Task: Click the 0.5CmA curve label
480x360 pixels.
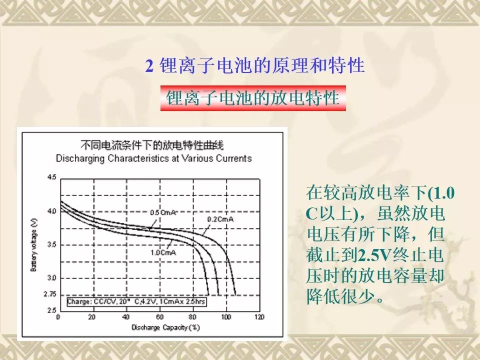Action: [163, 212]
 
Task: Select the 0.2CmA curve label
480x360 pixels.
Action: [220, 219]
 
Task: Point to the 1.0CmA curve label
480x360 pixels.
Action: [163, 252]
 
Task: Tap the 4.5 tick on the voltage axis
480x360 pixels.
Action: [51, 177]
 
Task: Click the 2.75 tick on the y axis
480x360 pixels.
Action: [50, 294]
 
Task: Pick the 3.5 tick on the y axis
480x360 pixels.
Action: [51, 244]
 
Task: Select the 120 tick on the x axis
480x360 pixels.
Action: [259, 317]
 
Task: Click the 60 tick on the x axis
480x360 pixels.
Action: [159, 317]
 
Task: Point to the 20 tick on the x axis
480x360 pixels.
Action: [92, 317]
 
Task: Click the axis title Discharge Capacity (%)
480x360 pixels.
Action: [165, 327]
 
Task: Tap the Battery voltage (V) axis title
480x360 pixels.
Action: [33, 245]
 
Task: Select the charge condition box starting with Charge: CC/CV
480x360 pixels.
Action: [136, 301]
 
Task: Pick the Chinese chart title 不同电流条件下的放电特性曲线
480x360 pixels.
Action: [152, 145]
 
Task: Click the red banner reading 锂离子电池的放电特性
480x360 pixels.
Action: [253, 98]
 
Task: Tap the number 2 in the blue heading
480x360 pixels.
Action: [149, 66]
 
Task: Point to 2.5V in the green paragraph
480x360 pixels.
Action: [375, 254]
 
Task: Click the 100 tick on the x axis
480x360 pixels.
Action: [226, 317]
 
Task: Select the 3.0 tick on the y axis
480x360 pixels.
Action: [51, 278]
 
